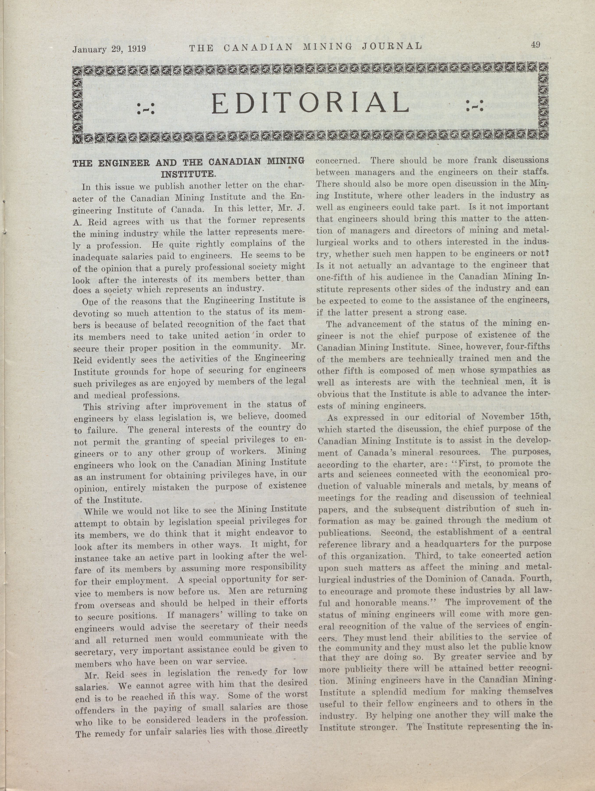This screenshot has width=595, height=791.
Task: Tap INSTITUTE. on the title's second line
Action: pos(188,175)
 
